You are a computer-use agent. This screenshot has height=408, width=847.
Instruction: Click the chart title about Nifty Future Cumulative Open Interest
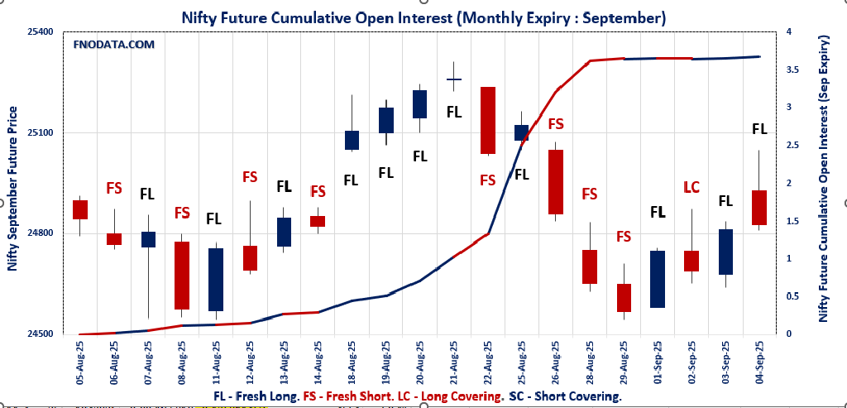423,17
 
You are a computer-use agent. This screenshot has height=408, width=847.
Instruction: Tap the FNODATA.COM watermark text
114,45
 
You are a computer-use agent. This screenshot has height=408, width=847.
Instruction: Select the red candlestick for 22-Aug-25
487,120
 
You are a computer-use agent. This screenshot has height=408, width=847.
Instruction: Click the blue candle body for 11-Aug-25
215,280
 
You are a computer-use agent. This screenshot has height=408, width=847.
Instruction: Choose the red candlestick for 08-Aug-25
182,276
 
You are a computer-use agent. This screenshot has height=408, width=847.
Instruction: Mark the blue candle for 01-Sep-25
658,279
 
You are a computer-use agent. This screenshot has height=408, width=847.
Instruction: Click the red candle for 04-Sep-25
759,207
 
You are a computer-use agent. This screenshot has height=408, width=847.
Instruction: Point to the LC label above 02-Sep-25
691,188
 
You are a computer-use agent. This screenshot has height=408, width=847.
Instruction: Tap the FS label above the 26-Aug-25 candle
556,124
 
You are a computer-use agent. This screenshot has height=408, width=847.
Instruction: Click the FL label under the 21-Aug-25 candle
453,112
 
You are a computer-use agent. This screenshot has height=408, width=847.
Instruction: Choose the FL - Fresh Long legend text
258,397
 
